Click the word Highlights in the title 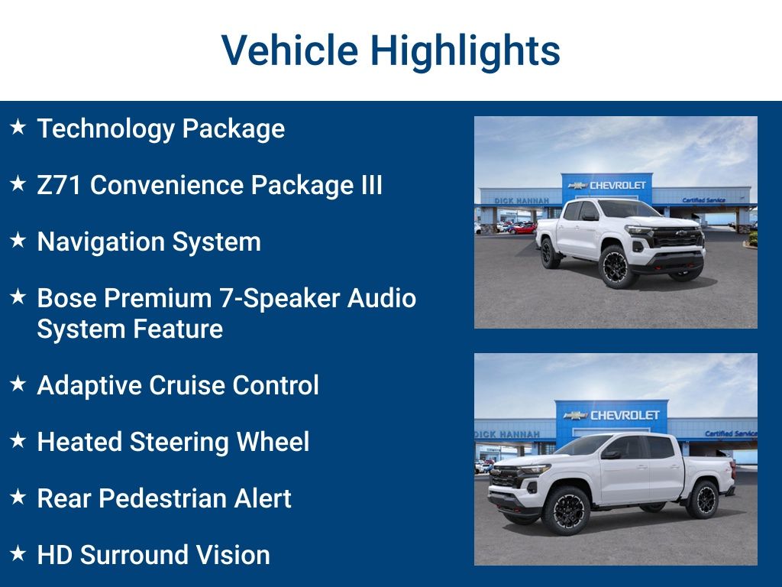pos(465,51)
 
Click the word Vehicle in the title pos(289,51)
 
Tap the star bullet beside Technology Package pos(18,127)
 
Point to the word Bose pos(66,298)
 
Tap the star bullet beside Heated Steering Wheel pos(18,440)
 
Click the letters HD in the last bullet pos(54,555)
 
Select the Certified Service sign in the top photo pos(703,200)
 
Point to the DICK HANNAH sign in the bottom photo pos(506,434)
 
